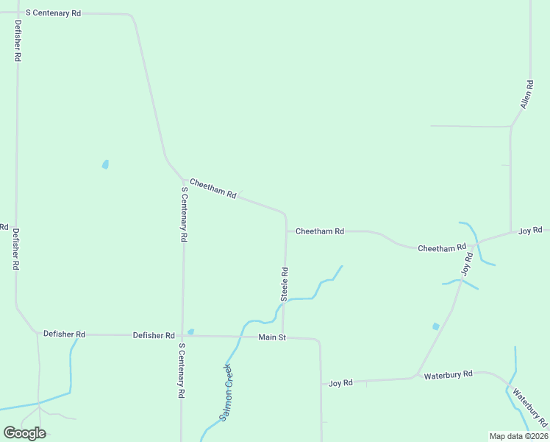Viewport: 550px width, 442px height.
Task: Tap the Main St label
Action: tap(271, 337)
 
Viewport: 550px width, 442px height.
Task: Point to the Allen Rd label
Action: tap(526, 95)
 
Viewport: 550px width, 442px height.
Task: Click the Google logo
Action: tap(24, 433)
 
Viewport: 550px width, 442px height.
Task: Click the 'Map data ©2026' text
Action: tap(518, 436)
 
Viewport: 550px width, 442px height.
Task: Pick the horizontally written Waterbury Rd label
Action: tap(448, 375)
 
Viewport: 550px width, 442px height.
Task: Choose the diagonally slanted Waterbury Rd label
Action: tap(530, 409)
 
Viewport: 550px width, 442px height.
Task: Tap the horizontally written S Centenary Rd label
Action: tap(53, 13)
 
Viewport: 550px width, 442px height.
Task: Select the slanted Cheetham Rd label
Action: tap(213, 189)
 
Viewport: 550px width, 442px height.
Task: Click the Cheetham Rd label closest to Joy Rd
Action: tap(442, 248)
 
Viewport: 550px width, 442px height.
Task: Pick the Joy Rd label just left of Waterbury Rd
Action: tap(340, 383)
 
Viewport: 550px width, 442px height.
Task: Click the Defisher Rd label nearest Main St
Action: tap(154, 335)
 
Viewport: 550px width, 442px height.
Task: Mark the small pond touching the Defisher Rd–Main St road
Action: tap(190, 331)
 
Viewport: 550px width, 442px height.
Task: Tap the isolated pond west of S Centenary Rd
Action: tap(105, 164)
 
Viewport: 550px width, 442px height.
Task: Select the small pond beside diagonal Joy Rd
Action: tap(436, 326)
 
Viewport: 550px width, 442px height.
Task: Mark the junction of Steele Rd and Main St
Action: tap(283, 337)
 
